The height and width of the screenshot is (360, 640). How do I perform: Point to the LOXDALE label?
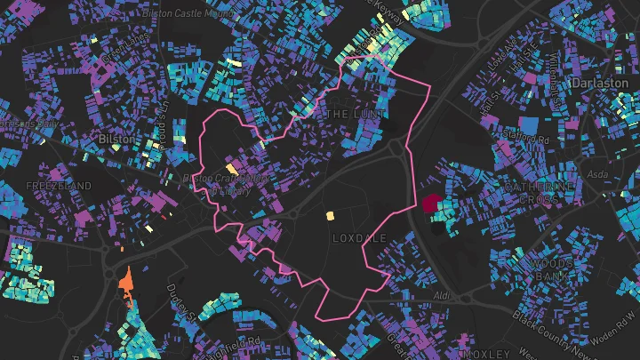coord(359,238)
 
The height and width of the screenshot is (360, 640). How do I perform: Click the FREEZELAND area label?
coord(59,185)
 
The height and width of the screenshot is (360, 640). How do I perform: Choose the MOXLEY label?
coord(484,353)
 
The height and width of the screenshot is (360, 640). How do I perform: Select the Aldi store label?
coord(443,293)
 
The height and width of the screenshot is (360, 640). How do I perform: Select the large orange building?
coord(125,282)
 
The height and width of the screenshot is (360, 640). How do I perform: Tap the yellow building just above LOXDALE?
coord(330,215)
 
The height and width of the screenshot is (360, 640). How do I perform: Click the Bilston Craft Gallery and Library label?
coord(224,184)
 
